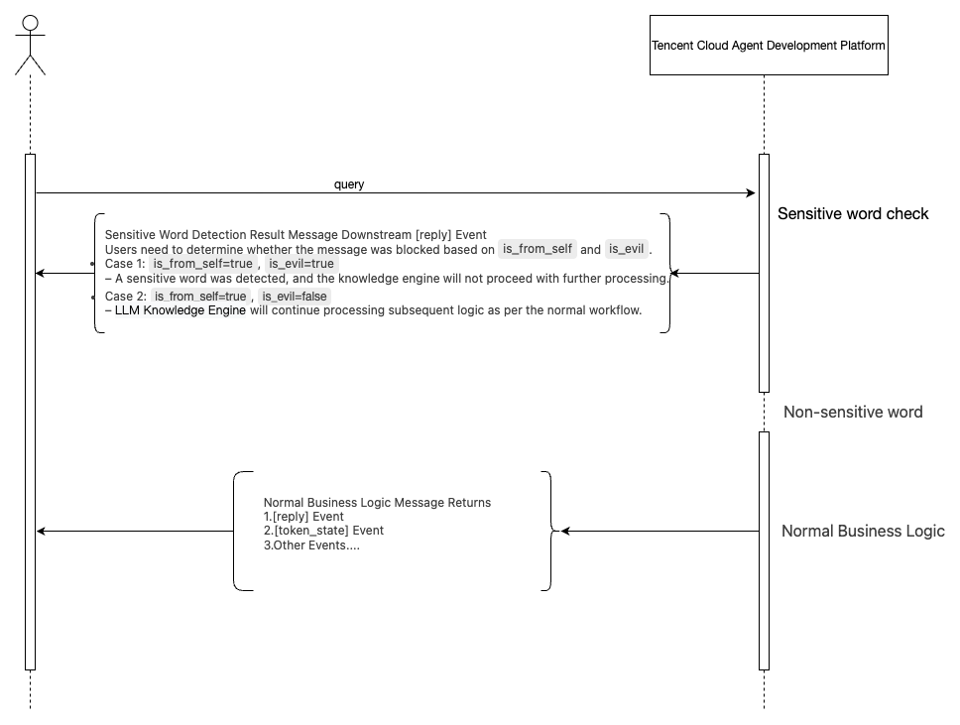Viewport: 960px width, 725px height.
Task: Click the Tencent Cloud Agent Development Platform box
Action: [x=768, y=46]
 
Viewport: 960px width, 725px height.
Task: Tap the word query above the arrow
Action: [x=349, y=184]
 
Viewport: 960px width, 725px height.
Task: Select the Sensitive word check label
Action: [x=852, y=213]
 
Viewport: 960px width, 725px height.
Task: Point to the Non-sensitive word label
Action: [x=852, y=412]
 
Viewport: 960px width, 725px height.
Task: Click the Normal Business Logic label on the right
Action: [x=862, y=531]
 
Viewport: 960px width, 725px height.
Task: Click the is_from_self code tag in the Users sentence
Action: [x=538, y=249]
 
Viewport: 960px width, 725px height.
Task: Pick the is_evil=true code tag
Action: [x=301, y=264]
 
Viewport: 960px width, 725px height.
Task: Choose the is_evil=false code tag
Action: [x=295, y=296]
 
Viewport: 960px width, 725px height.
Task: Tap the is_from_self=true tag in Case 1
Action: [x=202, y=264]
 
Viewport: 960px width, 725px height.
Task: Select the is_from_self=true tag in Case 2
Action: [x=200, y=296]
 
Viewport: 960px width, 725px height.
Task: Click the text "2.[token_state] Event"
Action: [x=323, y=531]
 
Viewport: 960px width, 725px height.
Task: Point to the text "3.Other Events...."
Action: [x=311, y=545]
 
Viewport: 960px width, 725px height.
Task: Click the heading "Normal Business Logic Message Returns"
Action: [x=377, y=503]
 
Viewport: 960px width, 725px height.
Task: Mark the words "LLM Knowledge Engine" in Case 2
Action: [x=180, y=310]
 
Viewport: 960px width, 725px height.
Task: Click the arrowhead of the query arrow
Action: [x=751, y=193]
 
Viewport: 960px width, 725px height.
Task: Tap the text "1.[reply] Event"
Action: [x=303, y=517]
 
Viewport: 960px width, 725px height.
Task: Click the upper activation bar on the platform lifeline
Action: [x=764, y=273]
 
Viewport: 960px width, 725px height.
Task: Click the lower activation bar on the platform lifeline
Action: [x=764, y=550]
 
